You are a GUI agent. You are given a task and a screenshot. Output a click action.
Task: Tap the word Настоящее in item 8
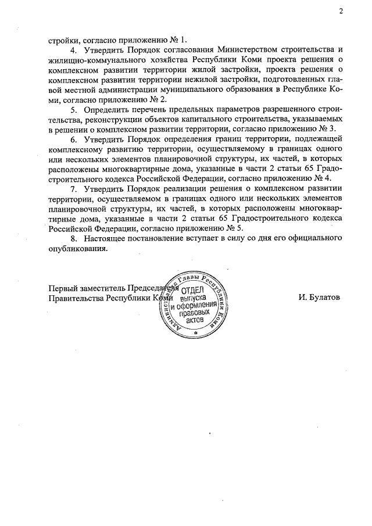tap(103, 238)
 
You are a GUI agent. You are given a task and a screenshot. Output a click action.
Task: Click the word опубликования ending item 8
tap(77, 248)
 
